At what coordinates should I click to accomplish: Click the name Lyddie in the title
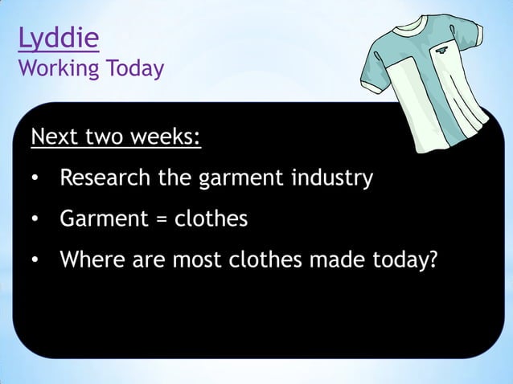59,37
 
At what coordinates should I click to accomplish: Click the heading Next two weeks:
116,138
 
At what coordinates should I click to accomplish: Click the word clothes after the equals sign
211,219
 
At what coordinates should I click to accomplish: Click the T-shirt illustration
426,88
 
